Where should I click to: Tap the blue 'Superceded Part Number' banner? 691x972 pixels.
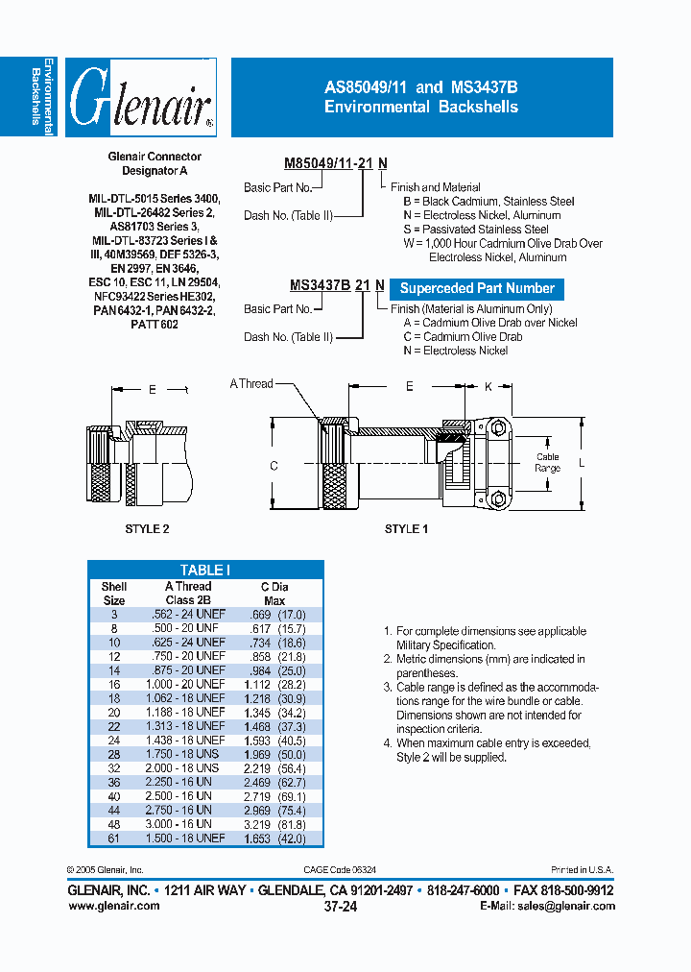[477, 288]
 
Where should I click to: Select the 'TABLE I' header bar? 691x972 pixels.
[204, 570]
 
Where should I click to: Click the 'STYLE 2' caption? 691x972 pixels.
[147, 529]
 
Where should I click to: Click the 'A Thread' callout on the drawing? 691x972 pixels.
[251, 384]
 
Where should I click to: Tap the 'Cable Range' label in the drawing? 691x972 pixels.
[547, 463]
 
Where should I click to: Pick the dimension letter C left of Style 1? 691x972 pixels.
[274, 466]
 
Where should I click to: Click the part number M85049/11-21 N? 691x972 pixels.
[336, 164]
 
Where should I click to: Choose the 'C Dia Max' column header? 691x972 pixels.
[274, 594]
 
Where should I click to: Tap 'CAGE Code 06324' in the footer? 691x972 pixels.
[342, 869]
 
